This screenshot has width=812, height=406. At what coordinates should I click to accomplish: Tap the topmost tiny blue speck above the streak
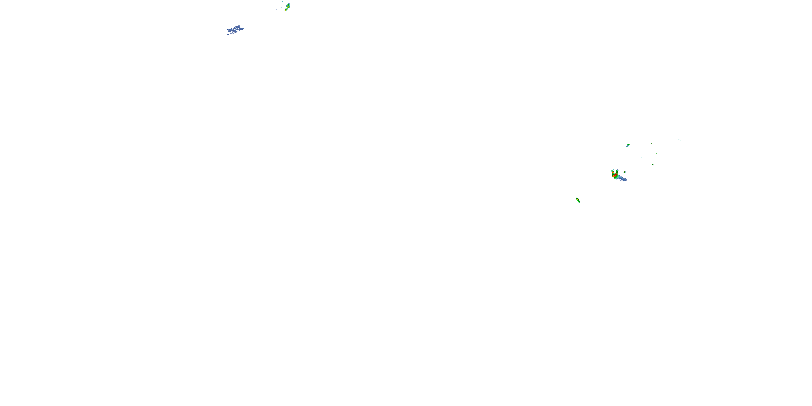[282, 1]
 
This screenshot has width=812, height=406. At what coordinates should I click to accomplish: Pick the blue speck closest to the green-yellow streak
[281, 7]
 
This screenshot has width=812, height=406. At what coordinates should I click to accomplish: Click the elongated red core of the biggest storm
[615, 176]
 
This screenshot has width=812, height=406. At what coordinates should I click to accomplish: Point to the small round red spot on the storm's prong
[613, 173]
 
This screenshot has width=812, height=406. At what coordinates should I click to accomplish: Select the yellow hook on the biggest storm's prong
[617, 173]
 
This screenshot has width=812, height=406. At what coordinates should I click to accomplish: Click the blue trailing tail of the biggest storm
[624, 180]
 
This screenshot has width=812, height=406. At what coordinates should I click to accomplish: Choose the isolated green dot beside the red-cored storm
[624, 172]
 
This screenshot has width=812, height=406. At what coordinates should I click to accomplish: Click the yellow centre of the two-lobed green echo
[578, 199]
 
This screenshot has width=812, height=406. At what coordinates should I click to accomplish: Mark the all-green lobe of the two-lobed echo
[579, 202]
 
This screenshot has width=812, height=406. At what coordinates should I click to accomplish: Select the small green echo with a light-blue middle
[628, 146]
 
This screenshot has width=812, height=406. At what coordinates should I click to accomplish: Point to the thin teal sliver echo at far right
[680, 140]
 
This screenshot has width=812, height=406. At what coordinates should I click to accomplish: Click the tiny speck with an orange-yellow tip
[653, 165]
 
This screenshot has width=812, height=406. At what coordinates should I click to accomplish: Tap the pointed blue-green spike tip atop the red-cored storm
[613, 170]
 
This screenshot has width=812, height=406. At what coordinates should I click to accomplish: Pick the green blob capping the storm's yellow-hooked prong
[617, 171]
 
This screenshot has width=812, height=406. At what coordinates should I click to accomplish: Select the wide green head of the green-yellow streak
[289, 4]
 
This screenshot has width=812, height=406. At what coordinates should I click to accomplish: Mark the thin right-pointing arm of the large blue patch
[242, 29]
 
